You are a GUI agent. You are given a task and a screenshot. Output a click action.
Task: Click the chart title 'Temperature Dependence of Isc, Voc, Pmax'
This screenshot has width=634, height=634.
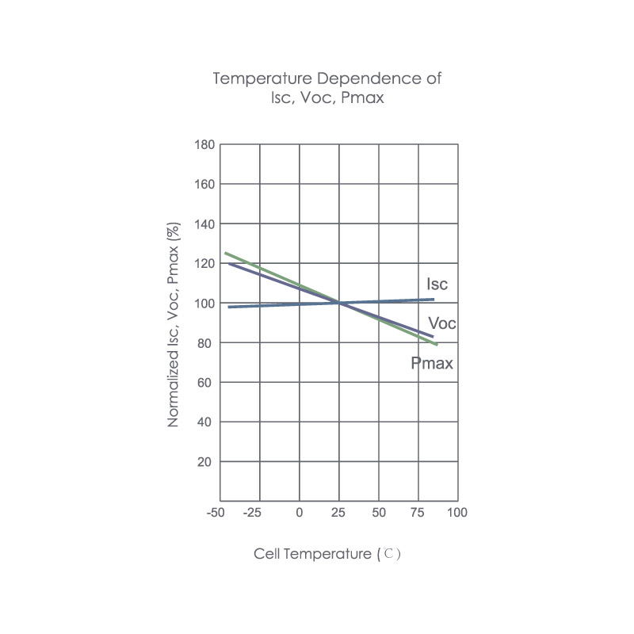tap(327, 89)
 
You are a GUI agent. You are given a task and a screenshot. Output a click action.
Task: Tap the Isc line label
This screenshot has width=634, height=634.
tap(437, 284)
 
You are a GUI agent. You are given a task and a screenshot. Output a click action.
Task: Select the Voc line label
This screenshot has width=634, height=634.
tap(441, 323)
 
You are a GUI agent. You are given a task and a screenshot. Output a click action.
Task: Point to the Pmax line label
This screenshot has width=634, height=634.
tap(432, 364)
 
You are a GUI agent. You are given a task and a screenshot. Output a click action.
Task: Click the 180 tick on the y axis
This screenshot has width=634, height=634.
tap(204, 145)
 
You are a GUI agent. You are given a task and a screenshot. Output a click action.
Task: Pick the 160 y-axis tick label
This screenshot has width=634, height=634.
tap(204, 185)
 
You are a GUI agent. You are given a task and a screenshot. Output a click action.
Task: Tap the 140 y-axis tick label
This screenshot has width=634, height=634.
tap(204, 224)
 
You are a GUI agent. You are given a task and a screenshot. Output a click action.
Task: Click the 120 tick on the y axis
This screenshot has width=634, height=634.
tap(204, 264)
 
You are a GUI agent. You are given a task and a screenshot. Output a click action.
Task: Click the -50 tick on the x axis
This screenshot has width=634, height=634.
tap(215, 513)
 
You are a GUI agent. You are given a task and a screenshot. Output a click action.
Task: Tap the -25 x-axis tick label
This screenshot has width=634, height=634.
tap(251, 513)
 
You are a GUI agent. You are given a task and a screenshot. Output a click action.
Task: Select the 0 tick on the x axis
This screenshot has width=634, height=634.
tap(300, 513)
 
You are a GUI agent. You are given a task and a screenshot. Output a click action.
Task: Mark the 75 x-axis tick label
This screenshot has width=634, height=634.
tap(418, 513)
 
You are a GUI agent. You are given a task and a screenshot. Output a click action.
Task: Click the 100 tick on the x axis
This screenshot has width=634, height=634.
tap(457, 513)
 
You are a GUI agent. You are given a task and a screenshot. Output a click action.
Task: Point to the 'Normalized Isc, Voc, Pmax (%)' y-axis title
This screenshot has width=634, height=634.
tap(174, 325)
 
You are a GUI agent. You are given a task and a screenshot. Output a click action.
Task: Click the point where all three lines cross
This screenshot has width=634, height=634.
tap(339, 302)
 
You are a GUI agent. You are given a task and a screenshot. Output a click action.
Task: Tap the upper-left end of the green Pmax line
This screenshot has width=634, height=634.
tap(226, 254)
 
